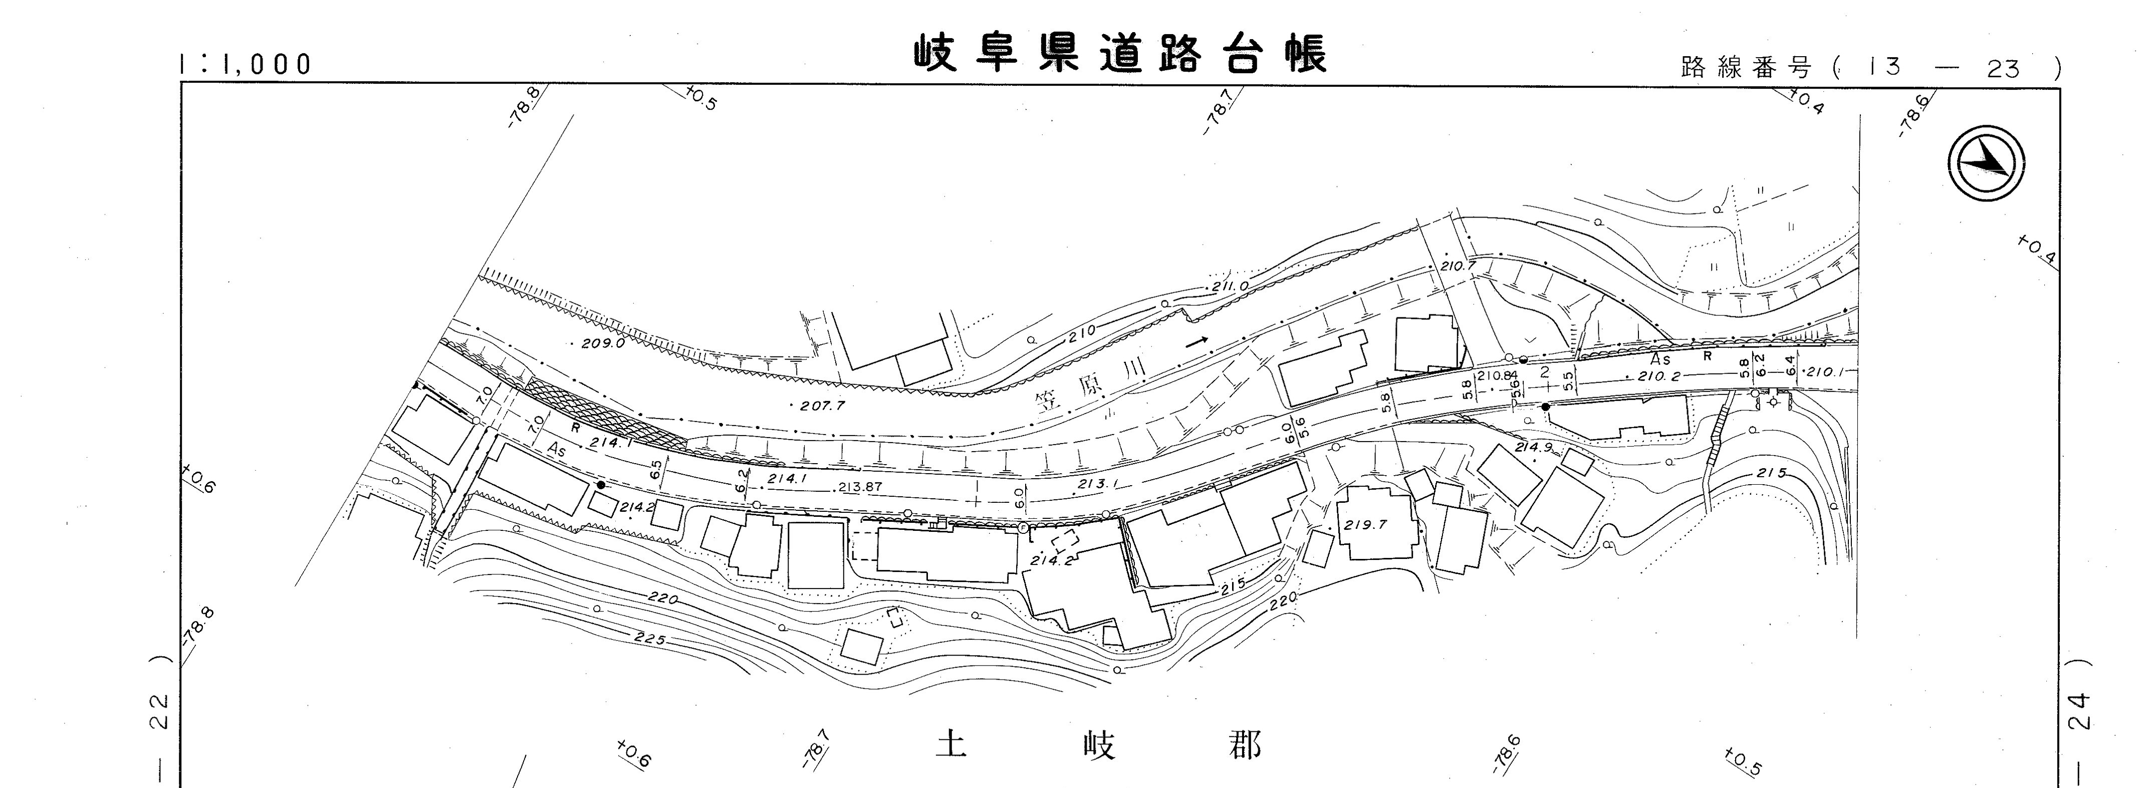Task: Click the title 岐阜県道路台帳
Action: point(1120,54)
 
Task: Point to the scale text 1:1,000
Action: point(245,64)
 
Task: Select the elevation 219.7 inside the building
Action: point(1365,525)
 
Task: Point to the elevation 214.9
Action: point(1534,447)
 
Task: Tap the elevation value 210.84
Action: point(1497,375)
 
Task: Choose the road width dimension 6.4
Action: point(1790,365)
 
